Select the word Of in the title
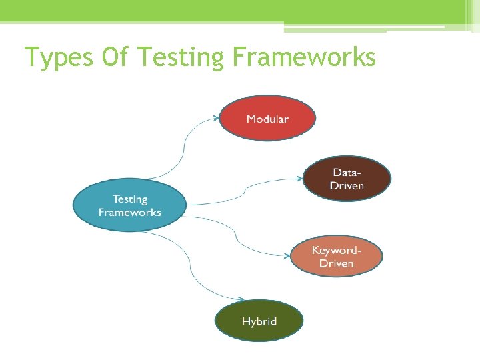116,58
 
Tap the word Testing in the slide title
181,58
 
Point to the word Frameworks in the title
304,58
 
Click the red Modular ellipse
267,119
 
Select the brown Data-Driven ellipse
347,179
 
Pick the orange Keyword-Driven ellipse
336,257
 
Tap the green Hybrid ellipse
259,321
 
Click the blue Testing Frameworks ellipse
129,205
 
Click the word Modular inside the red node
267,119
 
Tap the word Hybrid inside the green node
259,321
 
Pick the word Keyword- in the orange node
337,251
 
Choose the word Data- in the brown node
347,172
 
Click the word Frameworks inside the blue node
129,213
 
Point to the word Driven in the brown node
347,185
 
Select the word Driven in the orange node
336,263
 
